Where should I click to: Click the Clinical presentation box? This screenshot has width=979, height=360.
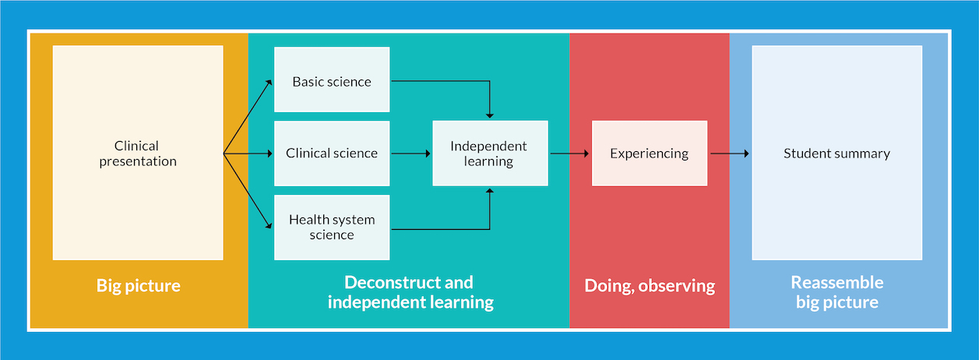[x=138, y=153]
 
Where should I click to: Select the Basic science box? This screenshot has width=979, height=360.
[x=332, y=80]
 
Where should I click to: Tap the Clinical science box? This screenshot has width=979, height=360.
[x=332, y=154]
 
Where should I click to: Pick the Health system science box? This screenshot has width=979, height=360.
[x=332, y=227]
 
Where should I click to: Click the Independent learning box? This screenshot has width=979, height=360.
[x=489, y=154]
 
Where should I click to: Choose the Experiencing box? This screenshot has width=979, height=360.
[x=649, y=154]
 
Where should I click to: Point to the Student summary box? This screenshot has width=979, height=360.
[x=836, y=154]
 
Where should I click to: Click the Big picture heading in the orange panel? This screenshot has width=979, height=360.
[x=139, y=286]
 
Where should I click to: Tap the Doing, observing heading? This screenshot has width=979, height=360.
[x=650, y=286]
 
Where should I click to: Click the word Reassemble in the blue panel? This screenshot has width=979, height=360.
[x=837, y=282]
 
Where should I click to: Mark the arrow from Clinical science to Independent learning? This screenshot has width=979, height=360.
[x=410, y=154]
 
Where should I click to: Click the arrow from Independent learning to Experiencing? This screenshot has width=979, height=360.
[x=569, y=154]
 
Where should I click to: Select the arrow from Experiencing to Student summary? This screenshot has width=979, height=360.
[x=730, y=154]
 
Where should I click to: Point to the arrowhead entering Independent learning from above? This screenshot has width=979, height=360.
[x=490, y=115]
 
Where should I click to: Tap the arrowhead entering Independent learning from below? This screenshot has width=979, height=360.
[x=490, y=192]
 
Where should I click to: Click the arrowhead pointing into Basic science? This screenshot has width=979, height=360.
[x=269, y=81]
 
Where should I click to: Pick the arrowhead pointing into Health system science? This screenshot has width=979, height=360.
[x=269, y=227]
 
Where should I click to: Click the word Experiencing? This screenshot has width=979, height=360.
[x=649, y=154]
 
